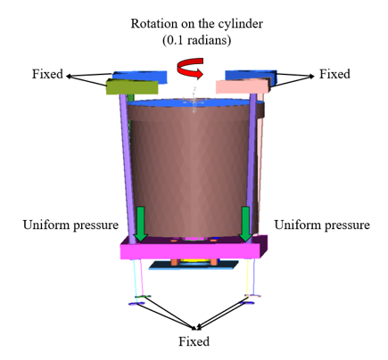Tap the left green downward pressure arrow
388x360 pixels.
tap(140, 224)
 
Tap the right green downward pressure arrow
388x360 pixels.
tap(246, 224)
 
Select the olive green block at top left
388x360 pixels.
tap(132, 86)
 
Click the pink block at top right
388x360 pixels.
tap(243, 86)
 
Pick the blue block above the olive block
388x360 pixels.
tap(140, 76)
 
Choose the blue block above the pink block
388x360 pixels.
tap(252, 75)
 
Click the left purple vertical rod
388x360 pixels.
tap(128, 168)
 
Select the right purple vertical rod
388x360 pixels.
tap(252, 167)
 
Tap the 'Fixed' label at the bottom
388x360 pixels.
tap(194, 341)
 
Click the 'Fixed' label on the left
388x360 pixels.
tap(47, 74)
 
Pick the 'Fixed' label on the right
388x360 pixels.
tap(334, 74)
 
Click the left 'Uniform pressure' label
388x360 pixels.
tap(70, 225)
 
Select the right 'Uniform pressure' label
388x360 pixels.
tap(322, 225)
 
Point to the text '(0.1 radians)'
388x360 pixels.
tap(197, 40)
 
